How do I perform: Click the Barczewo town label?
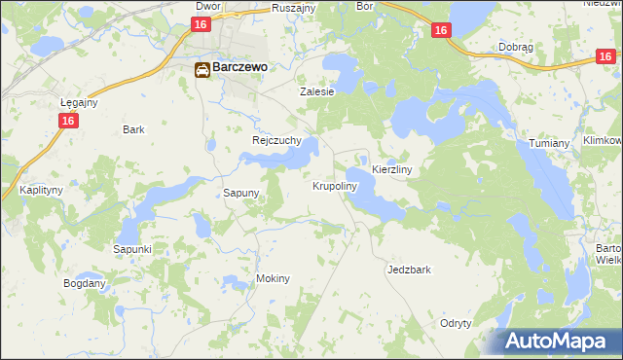click(x=241, y=69)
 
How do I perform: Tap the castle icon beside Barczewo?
click(x=202, y=69)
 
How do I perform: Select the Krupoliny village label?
click(x=335, y=185)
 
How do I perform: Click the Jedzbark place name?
click(x=408, y=270)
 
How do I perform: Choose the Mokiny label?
click(x=273, y=278)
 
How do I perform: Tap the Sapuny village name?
click(x=240, y=193)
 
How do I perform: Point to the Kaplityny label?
click(x=39, y=191)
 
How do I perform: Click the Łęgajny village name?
click(x=79, y=102)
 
